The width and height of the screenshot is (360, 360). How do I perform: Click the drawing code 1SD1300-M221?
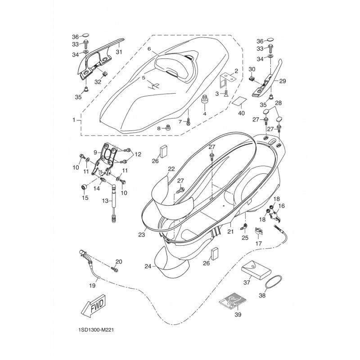(x=96, y=330)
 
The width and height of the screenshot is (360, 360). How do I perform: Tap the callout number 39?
(x=238, y=314)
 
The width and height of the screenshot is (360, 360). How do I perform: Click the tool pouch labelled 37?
(x=256, y=269)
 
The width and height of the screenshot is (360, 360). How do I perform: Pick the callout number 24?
(x=148, y=266)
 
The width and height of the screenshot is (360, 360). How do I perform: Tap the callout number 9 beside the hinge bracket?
(x=96, y=152)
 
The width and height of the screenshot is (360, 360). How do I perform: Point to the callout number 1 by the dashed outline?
(x=74, y=120)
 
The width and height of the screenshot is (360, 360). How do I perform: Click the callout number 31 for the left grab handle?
(x=119, y=52)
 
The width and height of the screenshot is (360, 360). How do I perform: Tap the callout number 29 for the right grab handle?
(x=283, y=81)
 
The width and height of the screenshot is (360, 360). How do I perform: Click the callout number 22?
(x=171, y=169)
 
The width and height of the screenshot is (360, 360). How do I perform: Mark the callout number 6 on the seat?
(x=149, y=49)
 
